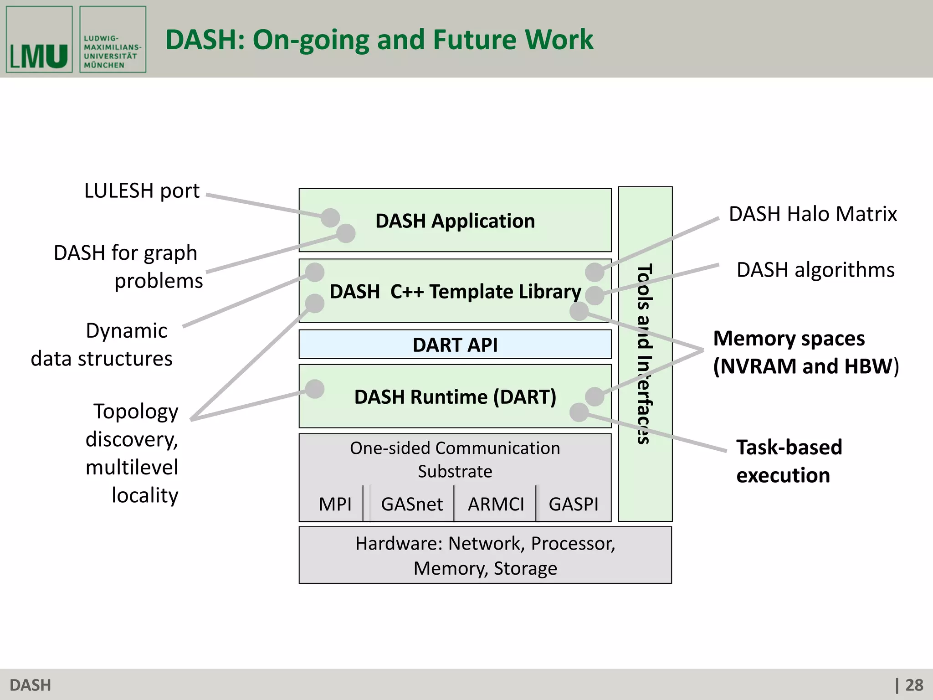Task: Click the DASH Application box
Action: tap(455, 221)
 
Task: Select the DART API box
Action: tap(455, 345)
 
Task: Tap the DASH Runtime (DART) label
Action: tap(455, 397)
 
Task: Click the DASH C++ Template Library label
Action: tap(455, 292)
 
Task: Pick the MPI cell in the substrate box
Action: tap(335, 504)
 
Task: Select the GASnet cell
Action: tap(412, 504)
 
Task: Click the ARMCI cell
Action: tap(496, 504)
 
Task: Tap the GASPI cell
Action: tap(573, 504)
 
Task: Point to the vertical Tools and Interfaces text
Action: tap(645, 354)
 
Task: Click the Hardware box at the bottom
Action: tap(485, 556)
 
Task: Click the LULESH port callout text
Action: tap(142, 191)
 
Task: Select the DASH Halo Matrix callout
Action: tap(813, 214)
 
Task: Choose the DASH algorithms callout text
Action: tap(815, 270)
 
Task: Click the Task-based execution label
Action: tap(789, 461)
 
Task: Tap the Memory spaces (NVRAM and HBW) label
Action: tap(805, 352)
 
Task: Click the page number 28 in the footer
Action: tap(914, 685)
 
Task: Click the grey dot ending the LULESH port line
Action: tap(330, 217)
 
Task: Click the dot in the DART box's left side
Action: tap(315, 389)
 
